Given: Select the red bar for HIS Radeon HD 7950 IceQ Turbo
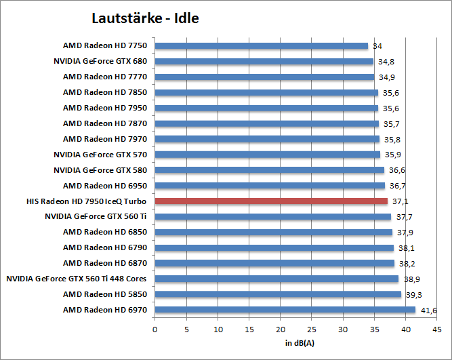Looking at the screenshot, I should tap(271, 201).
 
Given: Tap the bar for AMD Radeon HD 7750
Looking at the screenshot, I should tap(262, 46).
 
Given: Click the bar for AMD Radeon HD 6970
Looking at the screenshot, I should tap(285, 310).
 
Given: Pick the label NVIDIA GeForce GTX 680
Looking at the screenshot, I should tap(100, 61).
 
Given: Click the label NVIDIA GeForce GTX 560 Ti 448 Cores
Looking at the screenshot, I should tap(77, 279).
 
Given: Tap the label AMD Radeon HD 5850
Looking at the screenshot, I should tap(105, 294).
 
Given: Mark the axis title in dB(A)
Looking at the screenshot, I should tap(295, 342).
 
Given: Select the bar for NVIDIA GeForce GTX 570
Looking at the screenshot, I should tap(268, 155).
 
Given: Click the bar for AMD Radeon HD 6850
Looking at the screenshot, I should tap(274, 232).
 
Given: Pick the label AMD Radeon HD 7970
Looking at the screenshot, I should tap(105, 139).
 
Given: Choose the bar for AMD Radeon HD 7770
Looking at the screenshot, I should tap(264, 77).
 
